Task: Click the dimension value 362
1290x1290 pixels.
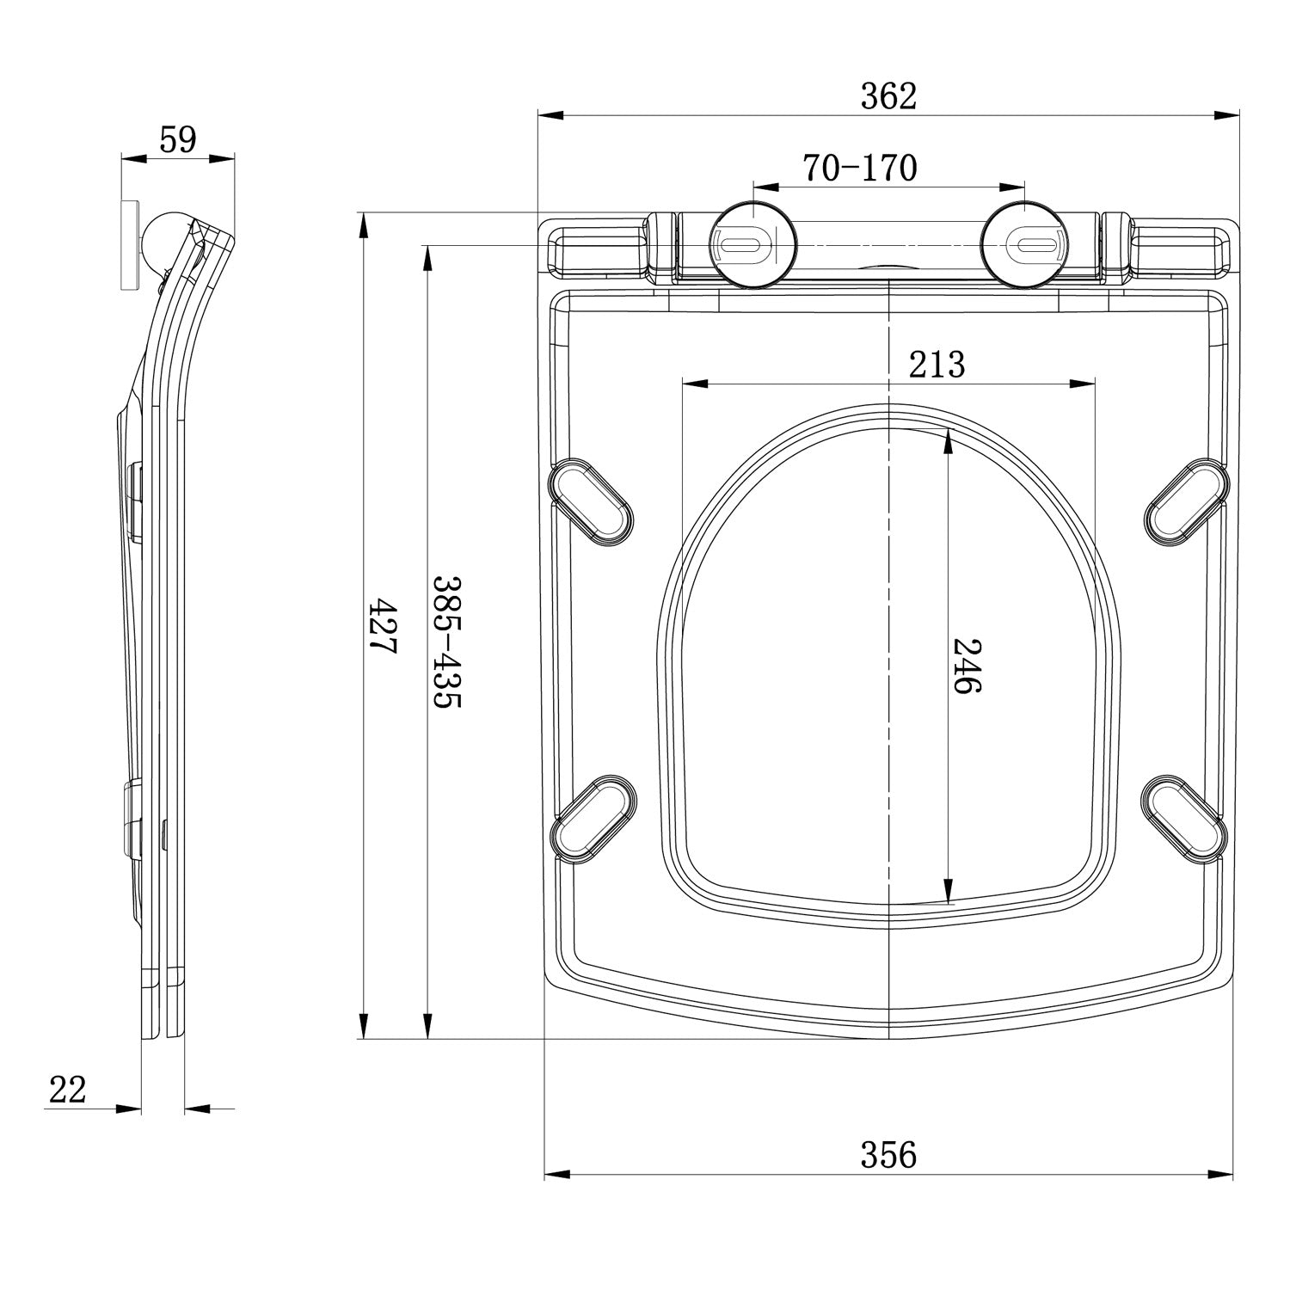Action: (888, 97)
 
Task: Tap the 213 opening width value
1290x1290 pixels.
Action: (937, 365)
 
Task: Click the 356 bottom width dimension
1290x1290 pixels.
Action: (888, 1155)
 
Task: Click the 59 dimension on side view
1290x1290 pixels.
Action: (178, 139)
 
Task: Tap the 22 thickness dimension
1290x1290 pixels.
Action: (68, 1090)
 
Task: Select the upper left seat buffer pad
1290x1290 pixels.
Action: (591, 501)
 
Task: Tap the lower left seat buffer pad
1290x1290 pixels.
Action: (593, 817)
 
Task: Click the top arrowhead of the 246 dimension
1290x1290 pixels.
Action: (949, 440)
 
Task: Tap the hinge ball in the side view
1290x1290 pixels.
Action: (162, 234)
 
